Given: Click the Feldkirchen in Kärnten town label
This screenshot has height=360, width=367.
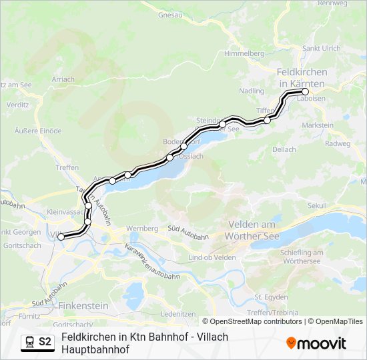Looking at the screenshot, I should [301, 77].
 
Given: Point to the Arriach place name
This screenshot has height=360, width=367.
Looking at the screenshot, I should [63, 79].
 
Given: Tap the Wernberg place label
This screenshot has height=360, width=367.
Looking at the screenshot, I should [145, 228].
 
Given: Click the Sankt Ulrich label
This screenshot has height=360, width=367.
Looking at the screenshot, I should [322, 48].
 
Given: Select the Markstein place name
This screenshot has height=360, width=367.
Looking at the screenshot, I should [318, 125].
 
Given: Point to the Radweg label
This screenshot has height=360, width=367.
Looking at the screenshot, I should [337, 143].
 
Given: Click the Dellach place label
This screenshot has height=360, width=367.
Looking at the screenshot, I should [284, 149].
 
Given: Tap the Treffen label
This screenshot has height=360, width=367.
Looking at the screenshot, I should [67, 167].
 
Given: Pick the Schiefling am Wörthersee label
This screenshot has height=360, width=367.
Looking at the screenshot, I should [302, 257].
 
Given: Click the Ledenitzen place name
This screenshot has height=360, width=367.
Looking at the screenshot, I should [177, 313].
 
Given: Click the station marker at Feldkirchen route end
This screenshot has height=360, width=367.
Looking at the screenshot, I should [306, 91].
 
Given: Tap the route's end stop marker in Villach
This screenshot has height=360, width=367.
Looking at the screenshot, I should [61, 236].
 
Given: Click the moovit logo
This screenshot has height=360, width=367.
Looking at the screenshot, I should [316, 343].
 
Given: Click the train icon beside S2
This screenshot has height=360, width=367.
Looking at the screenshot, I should [29, 342].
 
